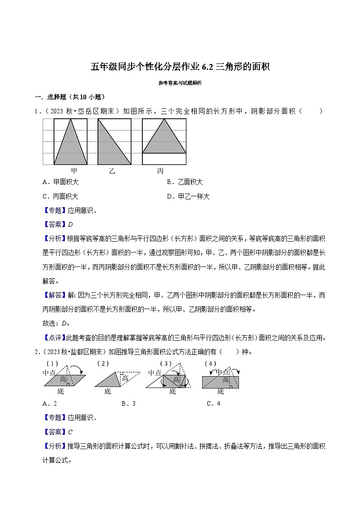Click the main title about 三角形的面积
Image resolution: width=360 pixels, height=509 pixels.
click(x=180, y=67)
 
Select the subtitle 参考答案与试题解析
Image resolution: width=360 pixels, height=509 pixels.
click(x=180, y=83)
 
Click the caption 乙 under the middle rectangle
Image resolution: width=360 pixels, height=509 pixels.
click(x=112, y=171)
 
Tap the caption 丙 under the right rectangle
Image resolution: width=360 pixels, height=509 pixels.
click(x=160, y=171)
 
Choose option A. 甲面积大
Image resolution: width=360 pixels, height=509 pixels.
click(x=60, y=182)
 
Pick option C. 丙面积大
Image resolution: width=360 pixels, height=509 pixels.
click(x=60, y=196)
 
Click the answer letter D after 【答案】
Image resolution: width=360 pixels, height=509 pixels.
click(x=70, y=224)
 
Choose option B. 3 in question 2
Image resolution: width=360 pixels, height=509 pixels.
click(x=128, y=403)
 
